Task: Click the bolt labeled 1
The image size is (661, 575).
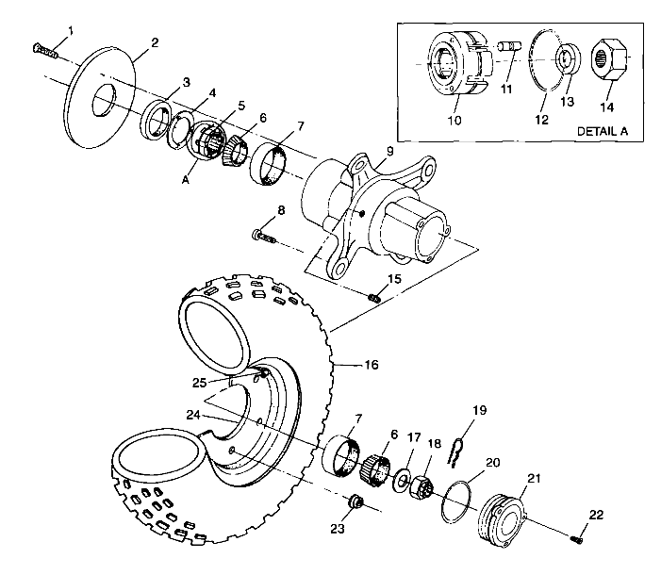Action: [x=44, y=51]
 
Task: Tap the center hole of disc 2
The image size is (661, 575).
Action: [x=104, y=100]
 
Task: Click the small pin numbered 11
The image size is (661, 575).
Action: [x=510, y=45]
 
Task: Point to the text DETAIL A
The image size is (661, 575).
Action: [x=602, y=131]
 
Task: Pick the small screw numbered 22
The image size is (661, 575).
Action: [x=577, y=538]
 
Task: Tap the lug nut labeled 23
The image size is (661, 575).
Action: [x=355, y=502]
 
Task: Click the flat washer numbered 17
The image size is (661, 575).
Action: [x=402, y=479]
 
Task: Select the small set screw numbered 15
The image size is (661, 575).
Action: [x=374, y=298]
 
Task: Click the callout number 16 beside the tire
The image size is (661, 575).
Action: [x=371, y=364]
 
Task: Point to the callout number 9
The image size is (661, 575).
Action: [x=389, y=151]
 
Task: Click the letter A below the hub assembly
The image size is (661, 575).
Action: [x=186, y=180]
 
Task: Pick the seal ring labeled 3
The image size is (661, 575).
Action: [x=156, y=120]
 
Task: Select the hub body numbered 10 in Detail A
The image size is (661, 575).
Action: [x=460, y=63]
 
